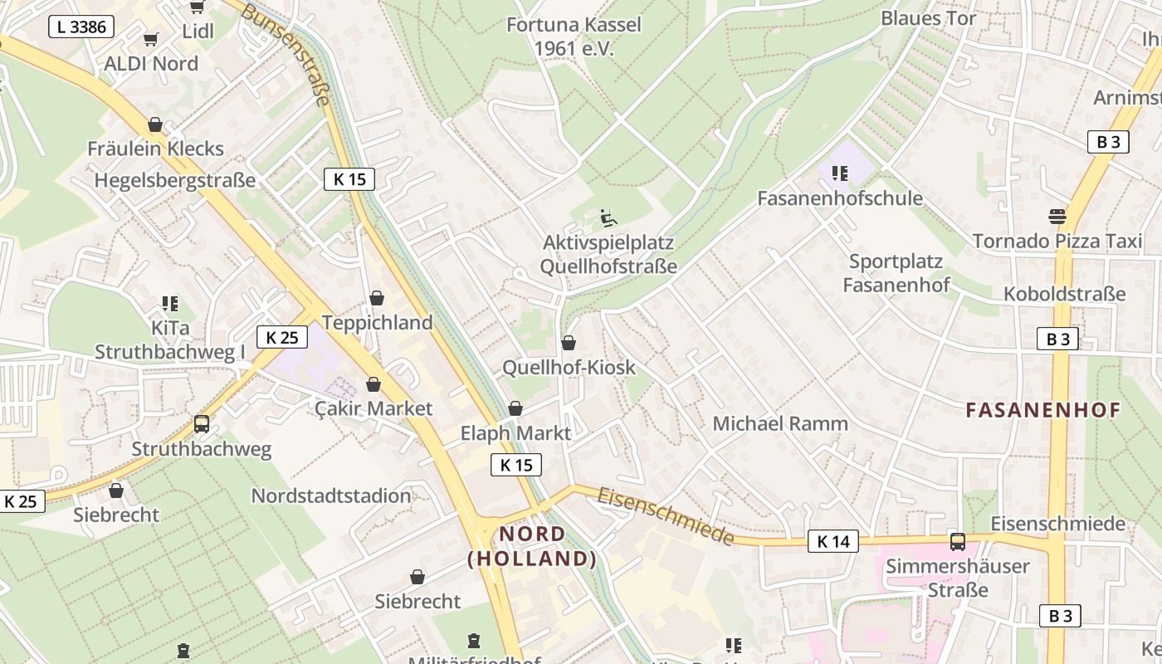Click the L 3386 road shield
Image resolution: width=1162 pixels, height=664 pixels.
81,27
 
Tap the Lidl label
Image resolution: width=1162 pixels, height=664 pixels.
198,32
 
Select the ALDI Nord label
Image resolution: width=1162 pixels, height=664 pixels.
151,64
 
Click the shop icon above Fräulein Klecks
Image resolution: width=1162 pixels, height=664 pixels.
155,124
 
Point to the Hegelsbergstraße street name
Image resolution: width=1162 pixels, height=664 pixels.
175,180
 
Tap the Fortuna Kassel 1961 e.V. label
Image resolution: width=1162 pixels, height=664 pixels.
574,37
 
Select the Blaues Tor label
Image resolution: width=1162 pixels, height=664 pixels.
929,18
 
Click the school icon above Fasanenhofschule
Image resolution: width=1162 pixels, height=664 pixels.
839,173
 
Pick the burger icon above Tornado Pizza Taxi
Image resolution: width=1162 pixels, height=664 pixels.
1057,217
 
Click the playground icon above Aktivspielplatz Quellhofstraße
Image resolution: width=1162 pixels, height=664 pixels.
608,218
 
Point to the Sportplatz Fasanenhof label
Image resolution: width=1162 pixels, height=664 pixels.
896,273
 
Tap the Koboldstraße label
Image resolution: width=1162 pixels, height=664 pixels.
1064,294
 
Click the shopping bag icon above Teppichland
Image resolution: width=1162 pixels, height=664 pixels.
377,298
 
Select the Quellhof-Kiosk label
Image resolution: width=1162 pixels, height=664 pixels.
569,367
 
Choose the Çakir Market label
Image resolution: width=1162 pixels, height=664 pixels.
373,408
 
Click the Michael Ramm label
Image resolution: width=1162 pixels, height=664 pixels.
780,423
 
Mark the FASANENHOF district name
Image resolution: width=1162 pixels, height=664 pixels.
1043,409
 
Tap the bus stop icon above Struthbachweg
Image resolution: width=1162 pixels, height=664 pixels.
202,424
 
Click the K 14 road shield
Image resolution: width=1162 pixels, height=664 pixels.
832,542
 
